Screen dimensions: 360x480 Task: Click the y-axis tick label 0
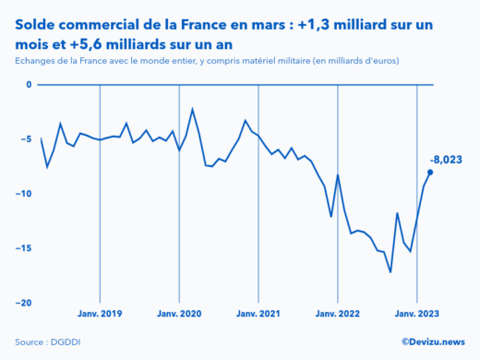[28, 85]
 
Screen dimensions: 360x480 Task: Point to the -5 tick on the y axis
[26, 139]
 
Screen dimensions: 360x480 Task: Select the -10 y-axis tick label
[23, 194]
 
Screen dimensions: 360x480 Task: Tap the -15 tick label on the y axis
[23, 248]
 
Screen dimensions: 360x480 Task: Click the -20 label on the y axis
[23, 303]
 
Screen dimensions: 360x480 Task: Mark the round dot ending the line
[430, 172]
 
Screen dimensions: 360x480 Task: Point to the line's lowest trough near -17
[390, 271]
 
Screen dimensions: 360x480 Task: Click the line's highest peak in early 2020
[192, 109]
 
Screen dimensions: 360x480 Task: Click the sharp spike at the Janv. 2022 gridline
[338, 175]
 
